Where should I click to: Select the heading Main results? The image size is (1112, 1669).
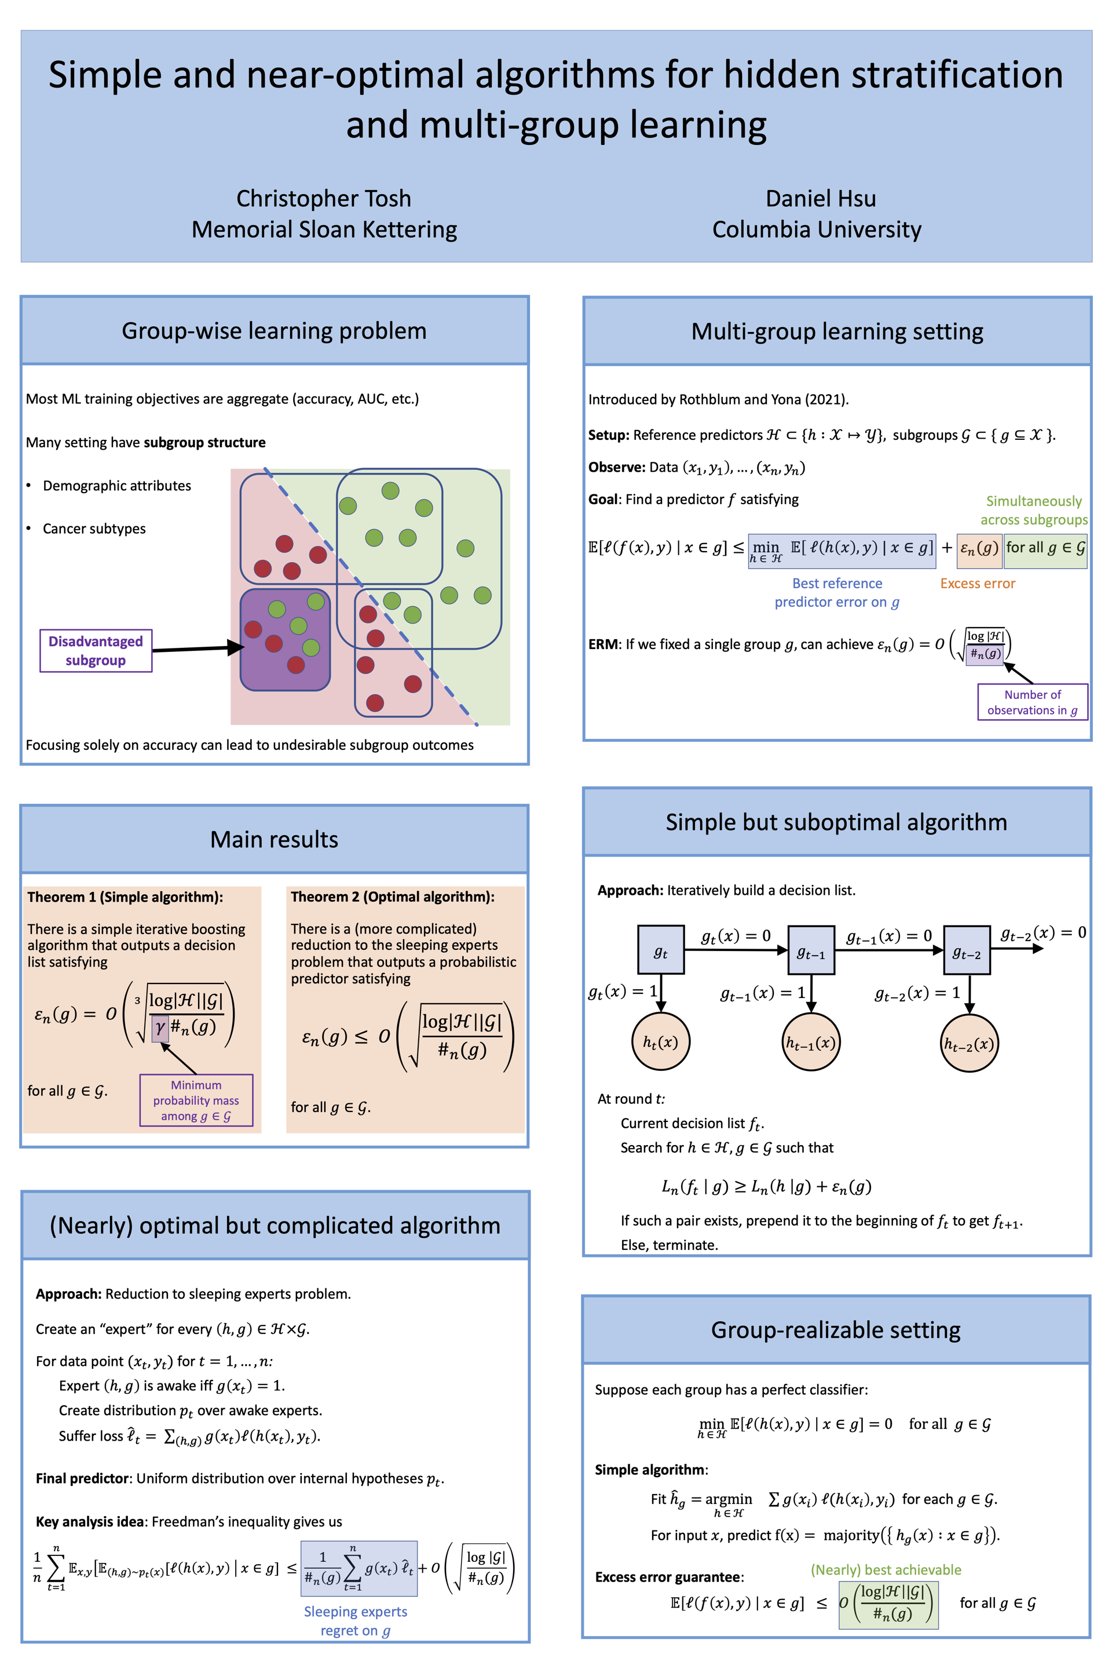pyautogui.click(x=274, y=840)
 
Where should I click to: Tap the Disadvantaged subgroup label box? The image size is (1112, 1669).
pyautogui.click(x=96, y=651)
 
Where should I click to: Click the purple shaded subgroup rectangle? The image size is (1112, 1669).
pyautogui.click(x=285, y=639)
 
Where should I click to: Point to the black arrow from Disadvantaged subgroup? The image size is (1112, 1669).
pyautogui.click(x=197, y=648)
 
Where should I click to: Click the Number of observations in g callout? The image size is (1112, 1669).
pyautogui.click(x=1032, y=702)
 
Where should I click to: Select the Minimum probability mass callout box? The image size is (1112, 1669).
pyautogui.click(x=196, y=1100)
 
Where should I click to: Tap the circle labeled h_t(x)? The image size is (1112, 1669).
pyautogui.click(x=660, y=1042)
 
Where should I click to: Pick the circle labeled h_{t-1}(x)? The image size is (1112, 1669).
pyautogui.click(x=811, y=1043)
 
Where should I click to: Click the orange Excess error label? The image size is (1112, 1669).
pyautogui.click(x=977, y=584)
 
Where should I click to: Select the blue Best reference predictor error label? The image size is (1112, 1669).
pyautogui.click(x=837, y=592)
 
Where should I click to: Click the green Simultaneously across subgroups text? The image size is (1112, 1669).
pyautogui.click(x=1033, y=510)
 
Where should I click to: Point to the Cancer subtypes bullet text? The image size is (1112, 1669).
pyautogui.click(x=94, y=529)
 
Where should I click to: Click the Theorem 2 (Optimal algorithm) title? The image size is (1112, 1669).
pyautogui.click(x=392, y=897)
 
